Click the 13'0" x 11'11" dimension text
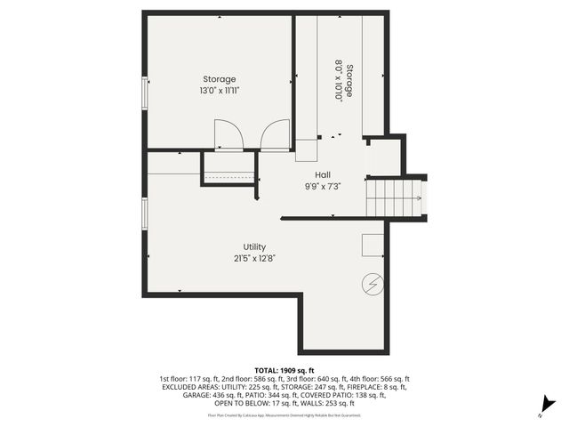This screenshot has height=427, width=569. click(219, 91)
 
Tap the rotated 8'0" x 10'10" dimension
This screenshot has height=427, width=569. click(339, 81)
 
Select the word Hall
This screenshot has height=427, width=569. click(324, 174)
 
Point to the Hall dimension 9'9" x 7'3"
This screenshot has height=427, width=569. click(324, 186)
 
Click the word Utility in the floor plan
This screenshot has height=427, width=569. click(254, 247)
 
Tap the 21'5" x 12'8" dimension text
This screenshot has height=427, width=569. click(254, 259)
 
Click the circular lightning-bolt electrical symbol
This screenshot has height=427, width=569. click(373, 285)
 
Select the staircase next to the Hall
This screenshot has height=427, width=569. click(394, 197)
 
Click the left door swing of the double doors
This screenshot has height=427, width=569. click(229, 135)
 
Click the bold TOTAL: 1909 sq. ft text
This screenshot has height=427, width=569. click(284, 369)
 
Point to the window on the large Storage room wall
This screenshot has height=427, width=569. click(145, 93)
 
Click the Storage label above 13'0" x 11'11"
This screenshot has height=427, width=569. click(219, 79)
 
